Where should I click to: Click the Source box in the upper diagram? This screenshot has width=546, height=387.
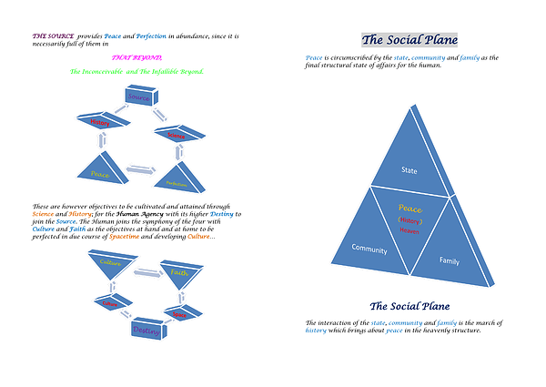click(x=137, y=97)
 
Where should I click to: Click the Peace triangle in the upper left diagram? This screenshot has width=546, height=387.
click(x=101, y=169)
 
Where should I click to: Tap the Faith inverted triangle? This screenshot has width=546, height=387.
click(x=178, y=273)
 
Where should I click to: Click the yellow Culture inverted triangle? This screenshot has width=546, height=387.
click(x=110, y=265)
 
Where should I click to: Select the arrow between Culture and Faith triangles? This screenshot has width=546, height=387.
click(x=146, y=270)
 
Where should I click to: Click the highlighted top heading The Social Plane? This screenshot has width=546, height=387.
click(x=409, y=39)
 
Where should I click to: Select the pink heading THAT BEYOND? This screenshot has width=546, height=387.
click(x=137, y=56)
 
